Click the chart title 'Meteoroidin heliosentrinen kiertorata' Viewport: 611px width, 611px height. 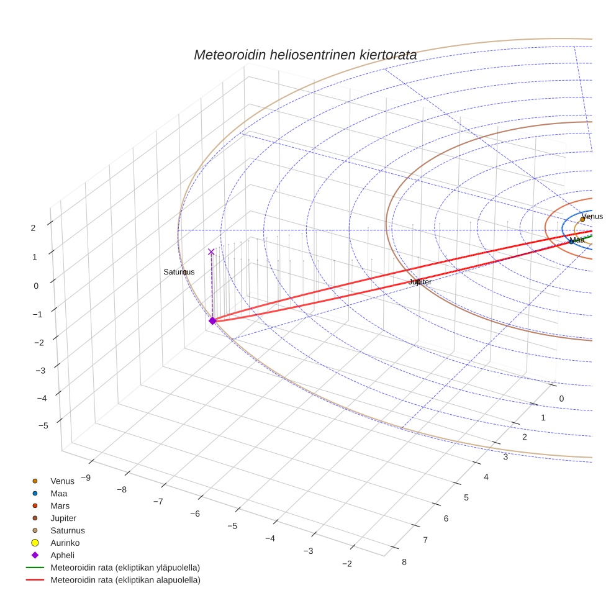click(305, 55)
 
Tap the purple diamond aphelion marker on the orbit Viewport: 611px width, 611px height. click(212, 320)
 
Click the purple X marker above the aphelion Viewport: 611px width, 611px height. click(211, 251)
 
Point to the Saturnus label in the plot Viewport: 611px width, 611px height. click(179, 272)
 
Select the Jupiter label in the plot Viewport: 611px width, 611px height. click(420, 282)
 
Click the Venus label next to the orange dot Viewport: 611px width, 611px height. click(592, 216)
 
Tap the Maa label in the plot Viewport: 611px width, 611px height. click(577, 240)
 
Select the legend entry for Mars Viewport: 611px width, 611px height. click(60, 505)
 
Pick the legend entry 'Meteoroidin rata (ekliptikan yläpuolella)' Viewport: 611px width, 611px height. click(125, 568)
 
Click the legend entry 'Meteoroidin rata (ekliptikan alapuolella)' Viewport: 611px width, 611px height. click(125, 580)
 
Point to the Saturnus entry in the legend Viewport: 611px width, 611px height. click(67, 530)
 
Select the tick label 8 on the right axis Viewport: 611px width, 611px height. click(404, 562)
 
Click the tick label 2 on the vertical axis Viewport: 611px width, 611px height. click(33, 227)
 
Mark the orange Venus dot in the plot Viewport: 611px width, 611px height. click(582, 219)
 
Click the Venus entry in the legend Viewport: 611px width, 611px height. click(62, 481)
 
